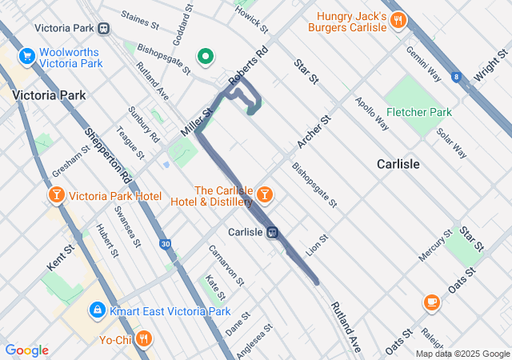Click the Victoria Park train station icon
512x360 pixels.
point(104,28)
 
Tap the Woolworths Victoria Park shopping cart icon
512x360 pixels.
point(27,56)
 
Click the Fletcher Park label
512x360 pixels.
point(418,112)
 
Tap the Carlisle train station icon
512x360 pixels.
point(273,232)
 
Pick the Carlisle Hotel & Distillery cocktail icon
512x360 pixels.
point(264,194)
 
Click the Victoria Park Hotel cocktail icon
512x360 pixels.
point(57,196)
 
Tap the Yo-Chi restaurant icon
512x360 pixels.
point(144,338)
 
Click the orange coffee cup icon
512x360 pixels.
point(432,302)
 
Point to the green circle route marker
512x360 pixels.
point(206,57)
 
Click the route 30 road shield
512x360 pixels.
point(165,244)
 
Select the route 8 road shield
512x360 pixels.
point(456,77)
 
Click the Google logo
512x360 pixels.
point(26,350)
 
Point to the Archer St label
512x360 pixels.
point(314,132)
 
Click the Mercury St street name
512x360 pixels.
point(435,246)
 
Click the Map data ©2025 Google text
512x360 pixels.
point(462,354)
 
